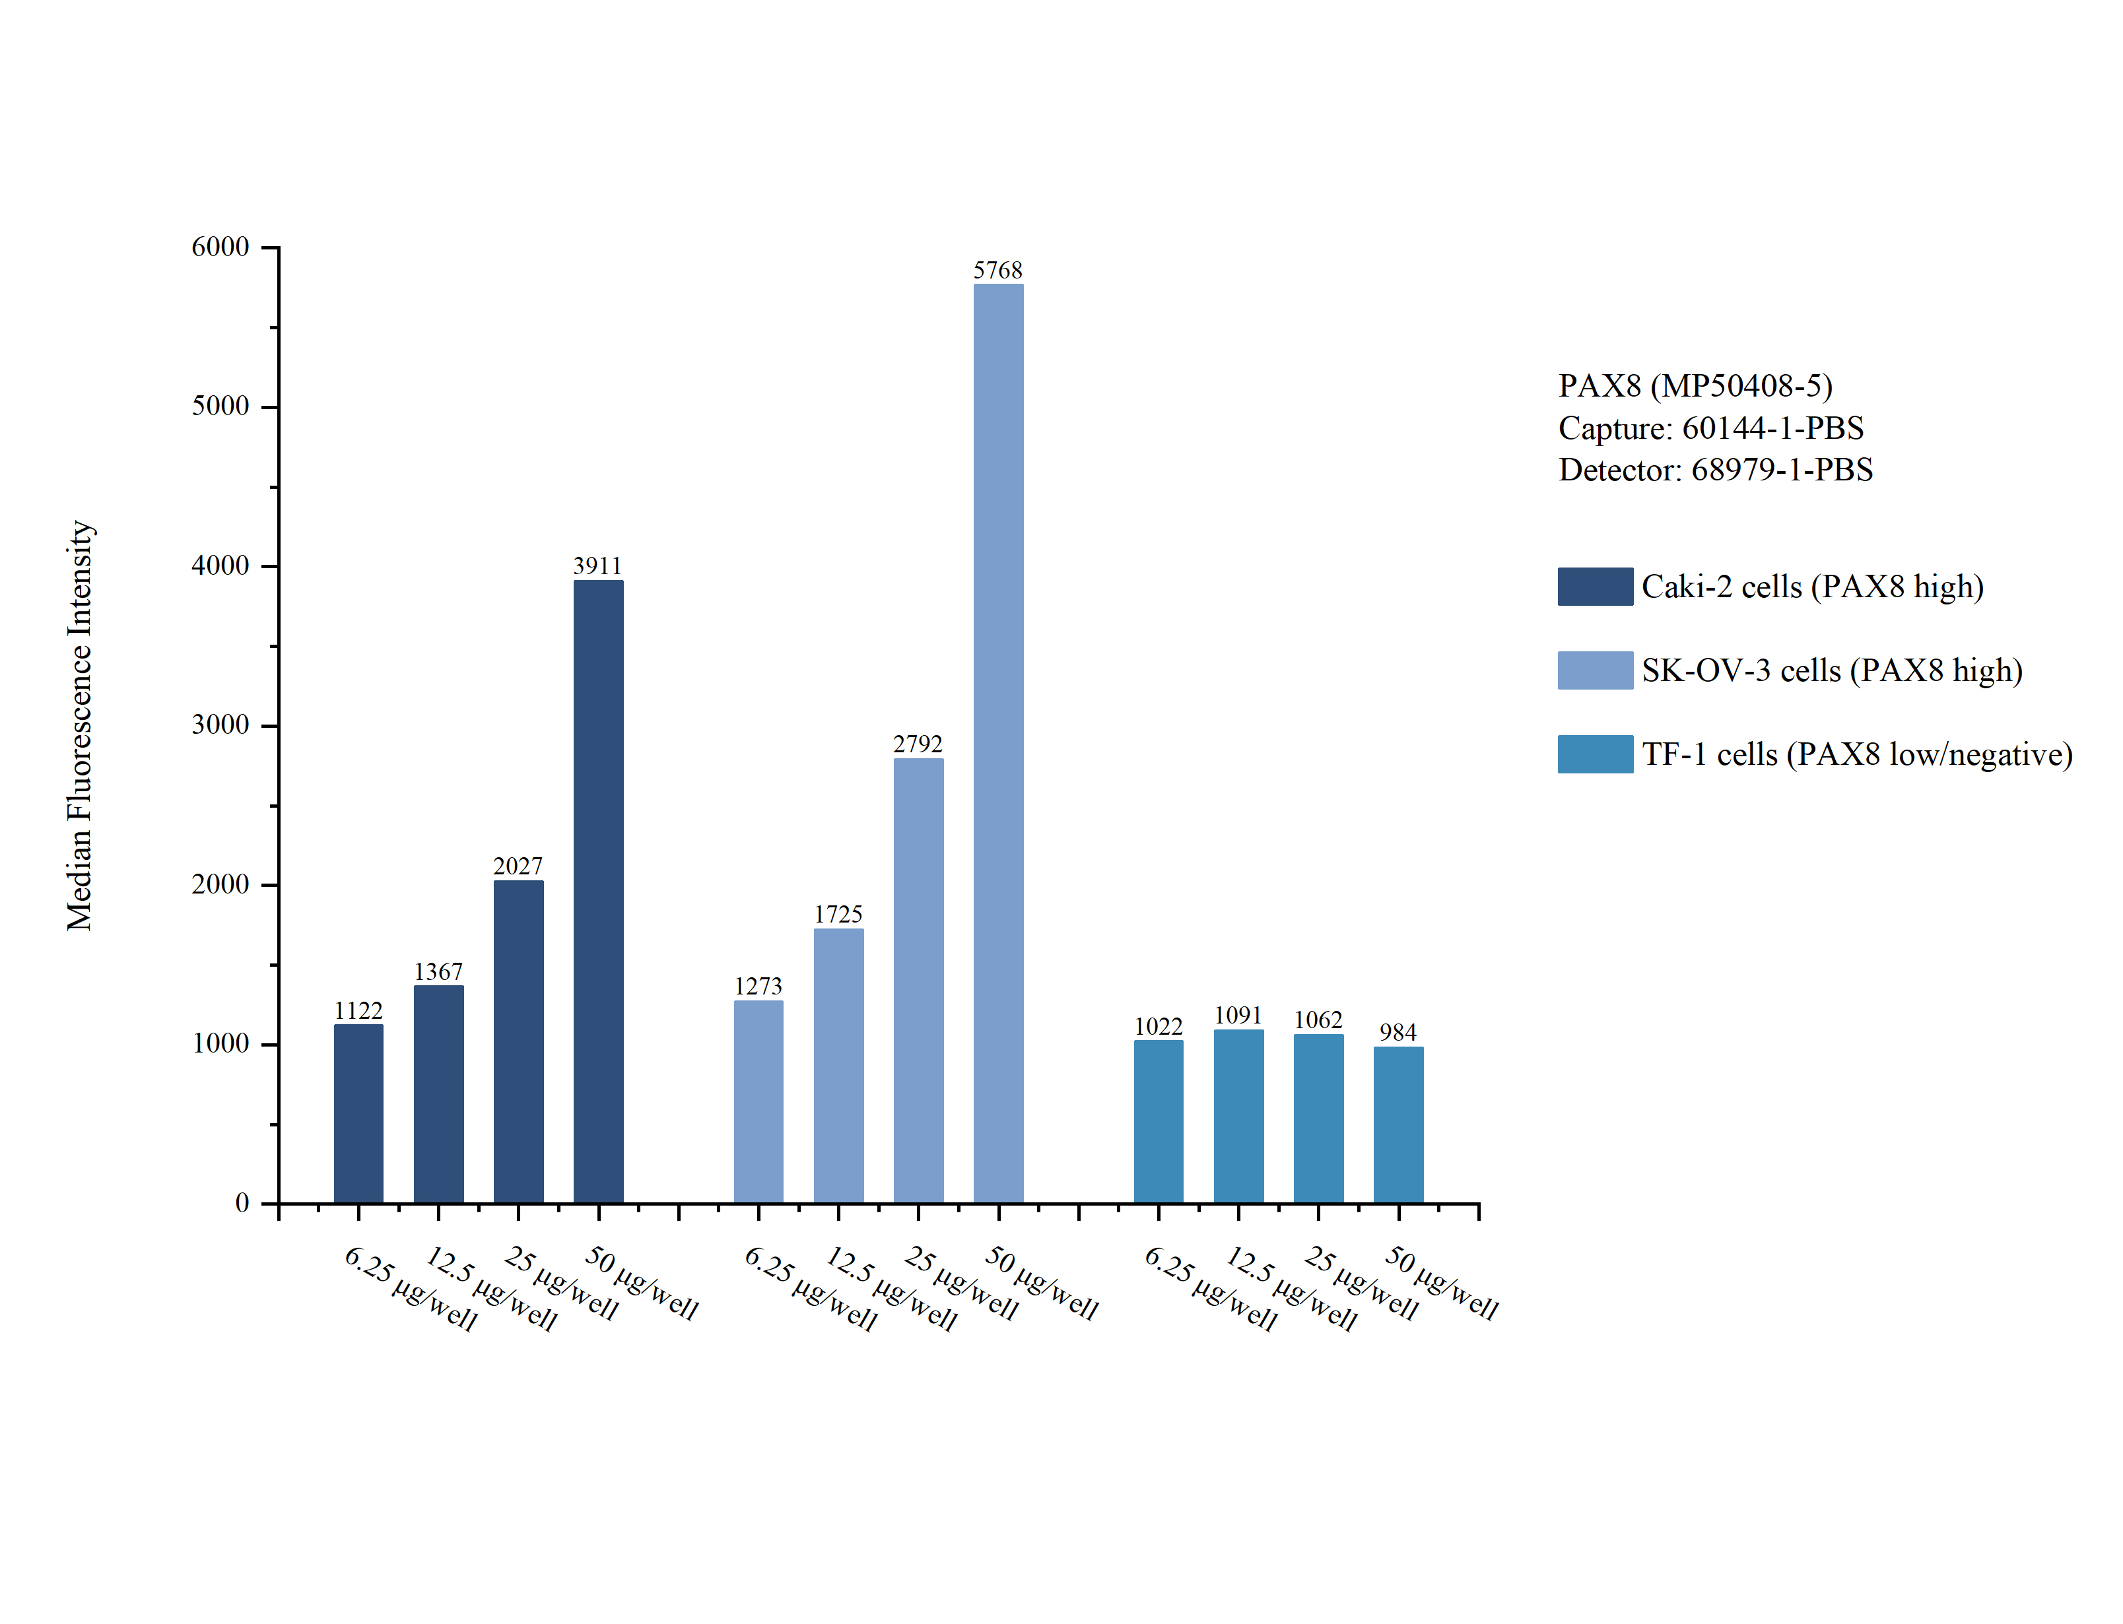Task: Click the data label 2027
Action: tap(518, 866)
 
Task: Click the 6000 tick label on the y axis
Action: tap(220, 247)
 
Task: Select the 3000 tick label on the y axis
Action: tap(220, 725)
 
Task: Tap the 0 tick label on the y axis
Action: tap(242, 1204)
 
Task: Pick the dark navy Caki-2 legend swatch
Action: tap(1594, 587)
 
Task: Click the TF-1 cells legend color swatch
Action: tap(1594, 754)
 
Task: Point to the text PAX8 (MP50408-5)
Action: tap(1695, 385)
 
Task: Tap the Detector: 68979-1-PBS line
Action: tap(1715, 470)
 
